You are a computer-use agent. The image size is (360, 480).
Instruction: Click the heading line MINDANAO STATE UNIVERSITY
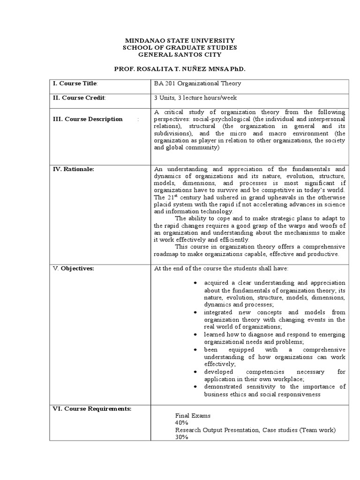[x=180, y=41]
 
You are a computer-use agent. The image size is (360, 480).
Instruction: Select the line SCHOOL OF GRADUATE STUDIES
[x=180, y=48]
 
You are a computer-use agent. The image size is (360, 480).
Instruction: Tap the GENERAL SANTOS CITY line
[x=180, y=55]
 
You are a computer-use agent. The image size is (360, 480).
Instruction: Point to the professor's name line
[x=180, y=69]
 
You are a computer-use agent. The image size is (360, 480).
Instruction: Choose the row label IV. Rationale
[x=73, y=169]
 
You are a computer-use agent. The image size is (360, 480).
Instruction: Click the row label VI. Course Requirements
[x=92, y=409]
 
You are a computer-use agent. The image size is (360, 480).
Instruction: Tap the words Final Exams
[x=193, y=415]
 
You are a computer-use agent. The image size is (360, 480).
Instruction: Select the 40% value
[x=181, y=422]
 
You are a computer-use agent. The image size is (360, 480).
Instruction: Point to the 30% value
[x=181, y=437]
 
